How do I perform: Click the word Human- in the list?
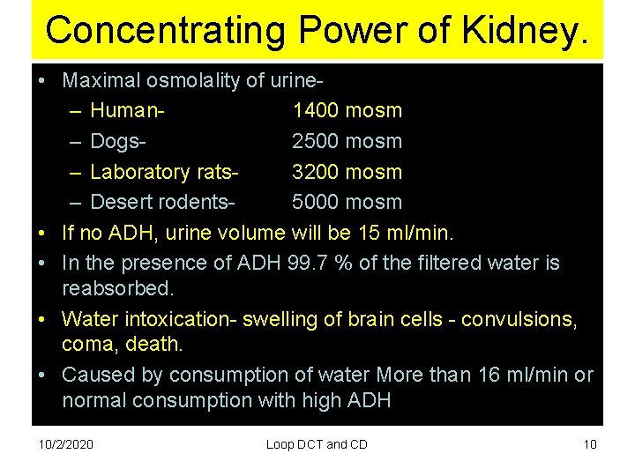[130, 110]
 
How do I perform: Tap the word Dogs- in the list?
[119, 141]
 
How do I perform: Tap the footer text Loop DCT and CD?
[317, 444]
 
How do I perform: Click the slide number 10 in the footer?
[590, 444]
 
